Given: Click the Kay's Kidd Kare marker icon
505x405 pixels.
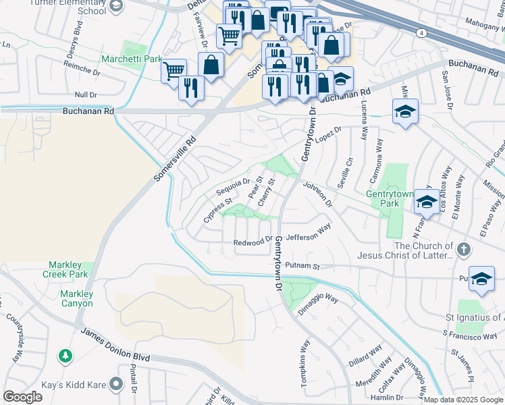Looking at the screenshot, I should tap(116, 384).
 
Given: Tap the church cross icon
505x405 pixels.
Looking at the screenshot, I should tap(463, 250).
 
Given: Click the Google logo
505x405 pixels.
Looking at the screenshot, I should tap(22, 397).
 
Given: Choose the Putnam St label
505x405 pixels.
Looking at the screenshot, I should tap(302, 266).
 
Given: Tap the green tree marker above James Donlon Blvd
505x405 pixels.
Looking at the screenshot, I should tap(65, 354).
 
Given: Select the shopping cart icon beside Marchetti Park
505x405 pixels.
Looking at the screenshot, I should tap(174, 70).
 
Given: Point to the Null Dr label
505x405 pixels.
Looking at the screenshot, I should tap(86, 95).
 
